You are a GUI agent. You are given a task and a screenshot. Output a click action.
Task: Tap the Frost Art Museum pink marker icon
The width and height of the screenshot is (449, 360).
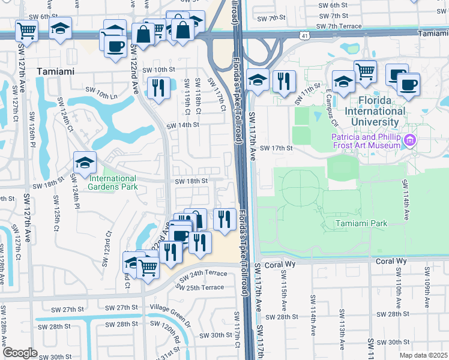click(410, 142)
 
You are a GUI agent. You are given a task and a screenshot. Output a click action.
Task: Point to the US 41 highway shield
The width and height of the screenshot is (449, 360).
click(306, 37)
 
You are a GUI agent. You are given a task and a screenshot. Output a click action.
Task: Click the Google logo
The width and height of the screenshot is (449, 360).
click(20, 353)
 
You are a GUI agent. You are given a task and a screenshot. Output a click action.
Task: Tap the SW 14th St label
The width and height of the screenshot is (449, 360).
click(182, 125)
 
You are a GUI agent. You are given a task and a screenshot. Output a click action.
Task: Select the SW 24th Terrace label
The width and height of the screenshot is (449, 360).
click(205, 273)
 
